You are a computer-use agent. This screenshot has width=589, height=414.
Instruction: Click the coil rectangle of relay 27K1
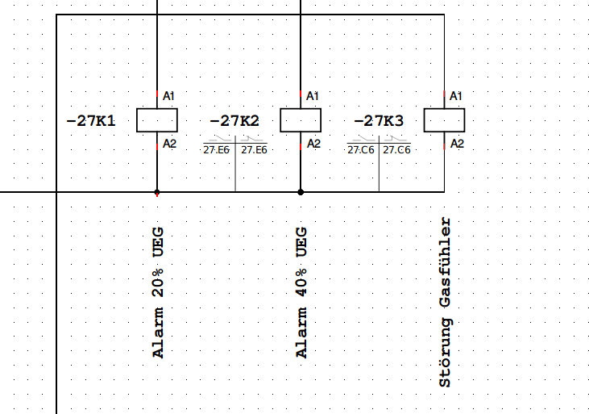pyautogui.click(x=156, y=120)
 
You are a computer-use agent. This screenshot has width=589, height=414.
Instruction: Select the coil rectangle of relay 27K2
pyautogui.click(x=301, y=120)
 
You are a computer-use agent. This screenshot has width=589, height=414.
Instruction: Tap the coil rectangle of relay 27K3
pyautogui.click(x=444, y=120)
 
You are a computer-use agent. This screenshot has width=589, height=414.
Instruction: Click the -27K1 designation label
pyautogui.click(x=91, y=121)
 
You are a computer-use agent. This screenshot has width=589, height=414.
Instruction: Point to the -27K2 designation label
pyautogui.click(x=234, y=121)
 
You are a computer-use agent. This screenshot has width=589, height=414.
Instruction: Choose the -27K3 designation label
pyautogui.click(x=379, y=121)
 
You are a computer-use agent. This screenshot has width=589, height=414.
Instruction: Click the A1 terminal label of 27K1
pyautogui.click(x=169, y=96)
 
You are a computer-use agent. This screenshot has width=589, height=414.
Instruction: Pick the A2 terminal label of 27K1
pyautogui.click(x=169, y=144)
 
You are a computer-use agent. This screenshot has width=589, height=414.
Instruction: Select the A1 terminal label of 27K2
pyautogui.click(x=313, y=96)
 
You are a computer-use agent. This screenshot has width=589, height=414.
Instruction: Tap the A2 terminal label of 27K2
pyautogui.click(x=313, y=144)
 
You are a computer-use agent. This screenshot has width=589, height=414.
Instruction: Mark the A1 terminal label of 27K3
pyautogui.click(x=456, y=96)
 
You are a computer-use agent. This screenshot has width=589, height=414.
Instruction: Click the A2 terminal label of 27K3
pyautogui.click(x=456, y=144)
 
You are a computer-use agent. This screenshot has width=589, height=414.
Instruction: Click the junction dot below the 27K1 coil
pyautogui.click(x=156, y=193)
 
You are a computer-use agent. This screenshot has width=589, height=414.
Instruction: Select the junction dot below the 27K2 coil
pyautogui.click(x=301, y=193)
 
